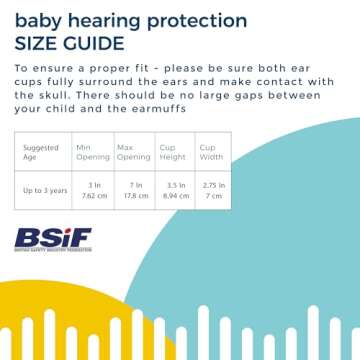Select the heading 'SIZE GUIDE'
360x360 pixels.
(69, 43)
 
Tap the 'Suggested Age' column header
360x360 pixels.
(38, 153)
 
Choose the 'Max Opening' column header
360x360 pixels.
(134, 152)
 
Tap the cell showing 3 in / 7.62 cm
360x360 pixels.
(93, 190)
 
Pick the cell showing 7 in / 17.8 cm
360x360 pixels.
(134, 190)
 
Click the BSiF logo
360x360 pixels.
(52, 238)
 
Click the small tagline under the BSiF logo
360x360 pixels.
(52, 251)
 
